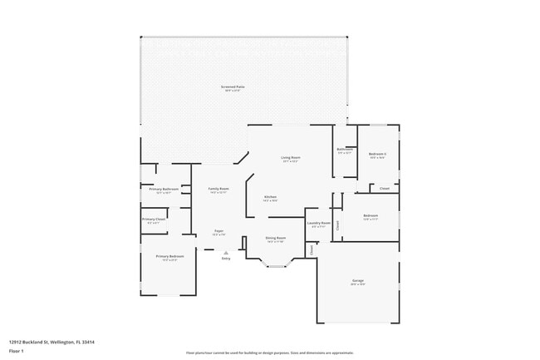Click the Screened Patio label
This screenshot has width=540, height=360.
[233, 86]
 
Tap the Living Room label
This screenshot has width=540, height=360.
[290, 157]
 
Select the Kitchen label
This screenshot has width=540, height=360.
[270, 197]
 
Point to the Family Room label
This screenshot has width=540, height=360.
[218, 189]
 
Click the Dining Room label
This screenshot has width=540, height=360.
[275, 239]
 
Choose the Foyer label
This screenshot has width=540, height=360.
[218, 231]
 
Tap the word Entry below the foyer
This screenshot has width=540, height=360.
[225, 259]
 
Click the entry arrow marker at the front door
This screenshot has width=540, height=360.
[225, 252]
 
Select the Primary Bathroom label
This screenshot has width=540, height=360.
[164, 190]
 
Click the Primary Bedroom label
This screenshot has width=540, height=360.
[169, 257]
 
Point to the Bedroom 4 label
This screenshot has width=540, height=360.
[378, 154]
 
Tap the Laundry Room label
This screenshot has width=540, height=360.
[319, 223]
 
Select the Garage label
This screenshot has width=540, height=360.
[357, 280]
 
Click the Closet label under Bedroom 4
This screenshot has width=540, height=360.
[385, 189]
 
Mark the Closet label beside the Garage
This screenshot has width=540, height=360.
[311, 249]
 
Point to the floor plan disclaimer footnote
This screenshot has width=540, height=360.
[269, 353]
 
